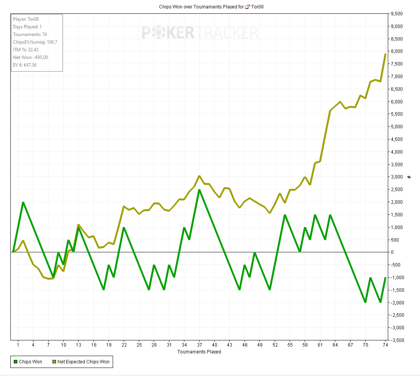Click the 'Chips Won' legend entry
tap(28, 362)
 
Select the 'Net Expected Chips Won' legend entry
tap(80, 362)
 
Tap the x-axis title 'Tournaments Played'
tap(199, 351)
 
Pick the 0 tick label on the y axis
tap(392, 252)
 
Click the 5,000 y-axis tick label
tap(397, 127)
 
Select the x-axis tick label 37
tap(200, 345)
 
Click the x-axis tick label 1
tap(18, 345)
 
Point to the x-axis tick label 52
tap(275, 345)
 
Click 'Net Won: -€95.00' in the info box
tap(31, 57)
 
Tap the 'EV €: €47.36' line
tap(25, 65)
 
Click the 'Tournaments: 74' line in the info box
tap(30, 34)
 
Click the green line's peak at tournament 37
tap(199, 190)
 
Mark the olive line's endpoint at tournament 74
tap(386, 54)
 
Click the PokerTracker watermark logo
tap(200, 33)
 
